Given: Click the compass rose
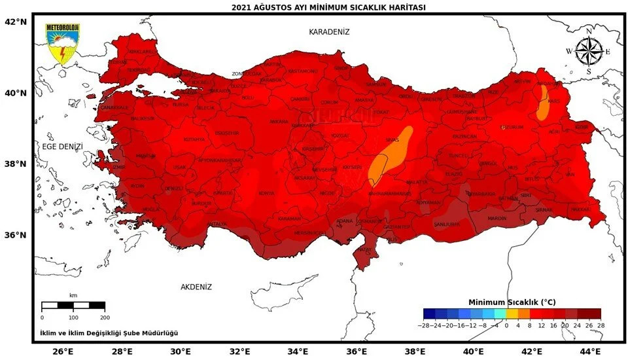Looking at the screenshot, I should pos(588,51).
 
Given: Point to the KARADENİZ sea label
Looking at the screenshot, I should pos(329,32).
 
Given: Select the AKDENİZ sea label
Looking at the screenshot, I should pos(196,287).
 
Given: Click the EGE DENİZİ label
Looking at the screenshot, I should pos(62,147).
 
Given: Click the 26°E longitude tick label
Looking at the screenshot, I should pos(63,351).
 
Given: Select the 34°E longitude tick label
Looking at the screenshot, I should pos(298,351).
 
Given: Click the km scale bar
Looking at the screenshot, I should pos(73,305).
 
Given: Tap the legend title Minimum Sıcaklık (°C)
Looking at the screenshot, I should pos(512,302).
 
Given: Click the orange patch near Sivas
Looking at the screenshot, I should pos(391,155).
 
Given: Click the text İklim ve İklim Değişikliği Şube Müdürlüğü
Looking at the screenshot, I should pos(109,333).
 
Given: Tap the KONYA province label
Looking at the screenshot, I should pos(266,193).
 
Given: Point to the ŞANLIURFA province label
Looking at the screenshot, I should pos(447,224).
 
